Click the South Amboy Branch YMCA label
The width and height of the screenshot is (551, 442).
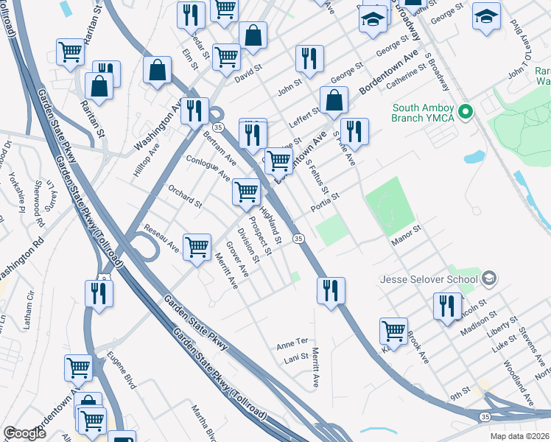point(423,113)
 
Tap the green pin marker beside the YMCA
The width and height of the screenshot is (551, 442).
point(465,113)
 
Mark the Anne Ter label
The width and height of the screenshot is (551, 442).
point(291,343)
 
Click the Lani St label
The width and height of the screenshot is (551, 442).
point(295,359)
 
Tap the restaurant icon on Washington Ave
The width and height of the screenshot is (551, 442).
point(194,111)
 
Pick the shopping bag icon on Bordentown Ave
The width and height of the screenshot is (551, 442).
point(334,100)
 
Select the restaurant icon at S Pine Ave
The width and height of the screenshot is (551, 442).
point(354,132)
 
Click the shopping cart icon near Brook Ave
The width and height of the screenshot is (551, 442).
point(394,331)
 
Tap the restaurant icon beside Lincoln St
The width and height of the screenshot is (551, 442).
point(447,306)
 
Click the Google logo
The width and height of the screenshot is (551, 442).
point(25,434)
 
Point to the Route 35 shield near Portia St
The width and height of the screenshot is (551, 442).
point(298,238)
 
